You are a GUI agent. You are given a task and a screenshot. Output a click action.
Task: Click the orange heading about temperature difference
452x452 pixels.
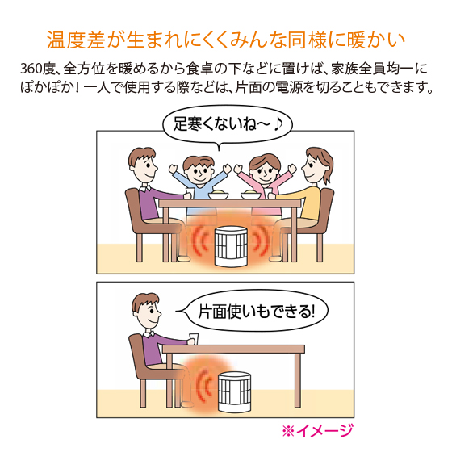[226, 40]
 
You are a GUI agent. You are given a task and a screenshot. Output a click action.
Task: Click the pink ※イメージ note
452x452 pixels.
[318, 431]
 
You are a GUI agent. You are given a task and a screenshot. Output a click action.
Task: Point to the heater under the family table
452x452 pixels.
[232, 246]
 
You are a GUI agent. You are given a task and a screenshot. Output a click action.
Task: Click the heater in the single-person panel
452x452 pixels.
[234, 392]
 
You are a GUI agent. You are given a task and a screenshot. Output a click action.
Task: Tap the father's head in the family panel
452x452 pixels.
[143, 165]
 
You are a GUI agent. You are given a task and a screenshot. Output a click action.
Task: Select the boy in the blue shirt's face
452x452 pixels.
[199, 172]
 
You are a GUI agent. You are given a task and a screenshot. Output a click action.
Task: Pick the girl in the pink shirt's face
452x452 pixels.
[264, 172]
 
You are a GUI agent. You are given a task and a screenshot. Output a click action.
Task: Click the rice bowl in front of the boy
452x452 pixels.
[218, 195]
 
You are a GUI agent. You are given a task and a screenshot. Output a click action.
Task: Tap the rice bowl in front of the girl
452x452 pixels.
[251, 195]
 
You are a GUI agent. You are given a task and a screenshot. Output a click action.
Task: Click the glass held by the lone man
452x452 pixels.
[194, 338]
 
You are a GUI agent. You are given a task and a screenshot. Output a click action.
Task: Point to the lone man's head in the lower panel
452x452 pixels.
[146, 310]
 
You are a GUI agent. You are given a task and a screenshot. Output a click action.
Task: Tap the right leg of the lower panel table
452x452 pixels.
[298, 380]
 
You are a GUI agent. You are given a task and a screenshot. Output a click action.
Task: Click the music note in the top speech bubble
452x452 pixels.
[278, 124]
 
